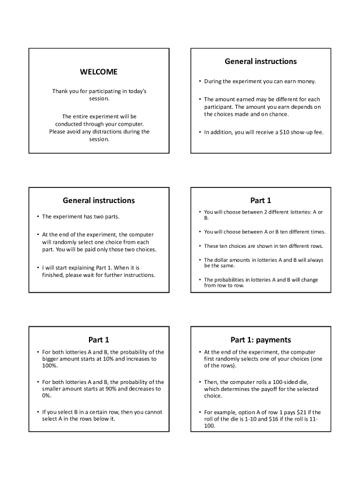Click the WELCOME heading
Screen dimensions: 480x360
(x=98, y=72)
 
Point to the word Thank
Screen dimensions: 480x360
(x=61, y=91)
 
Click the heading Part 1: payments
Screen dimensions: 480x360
(x=261, y=339)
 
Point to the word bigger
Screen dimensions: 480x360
(x=52, y=359)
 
